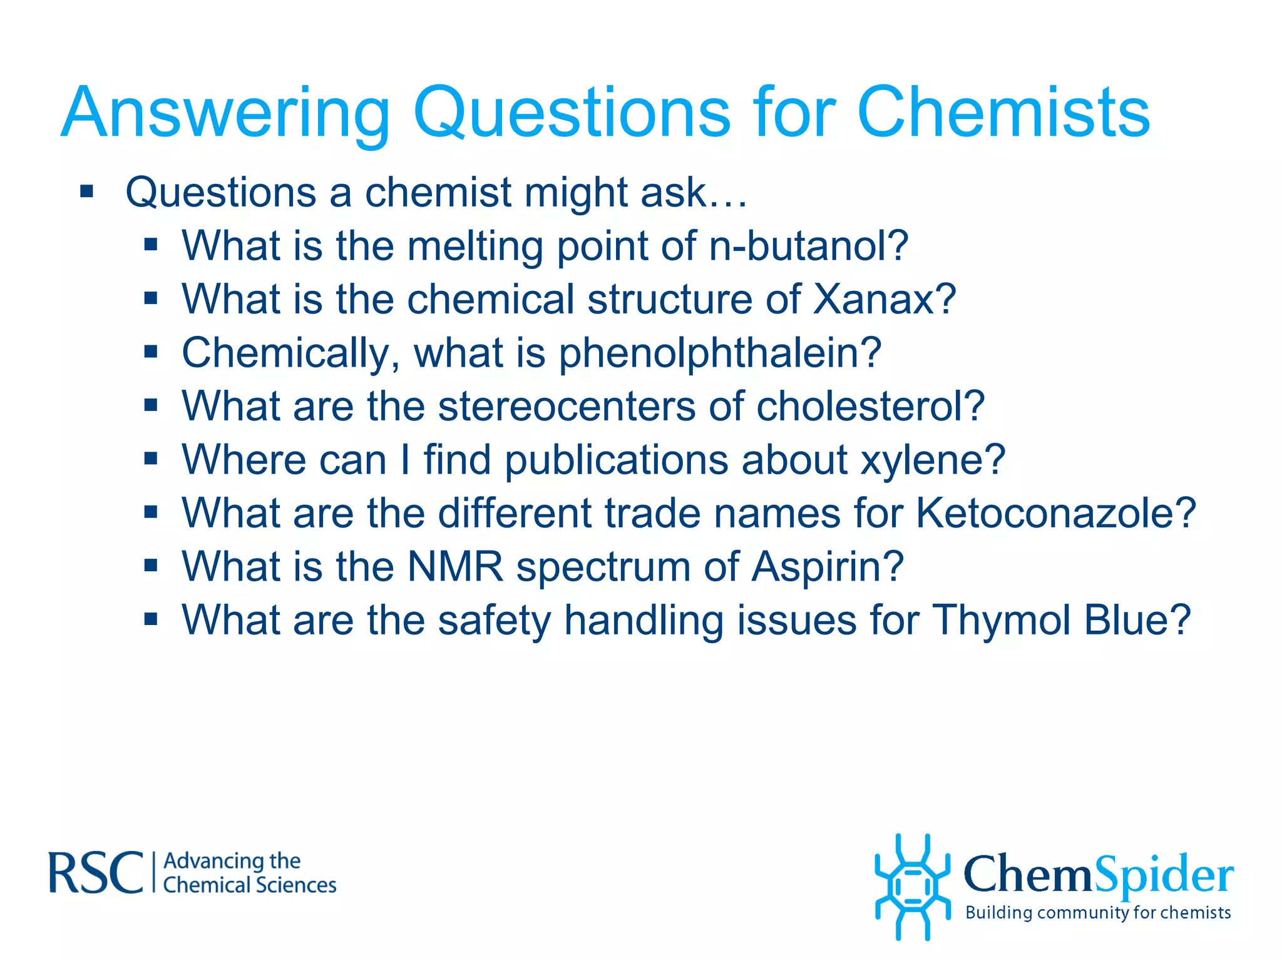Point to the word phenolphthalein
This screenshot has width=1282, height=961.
point(720,354)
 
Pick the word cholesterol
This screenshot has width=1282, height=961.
point(870,407)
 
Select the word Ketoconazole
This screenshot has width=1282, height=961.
point(1055,513)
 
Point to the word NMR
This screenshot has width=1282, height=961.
point(455,567)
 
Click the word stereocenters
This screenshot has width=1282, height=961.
point(567,407)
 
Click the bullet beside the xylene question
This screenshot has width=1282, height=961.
point(150,459)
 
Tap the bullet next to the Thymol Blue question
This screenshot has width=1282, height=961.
point(150,619)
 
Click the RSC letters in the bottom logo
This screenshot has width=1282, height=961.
point(95,872)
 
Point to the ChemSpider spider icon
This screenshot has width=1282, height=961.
point(912,887)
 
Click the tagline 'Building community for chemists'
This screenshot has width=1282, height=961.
point(1098,913)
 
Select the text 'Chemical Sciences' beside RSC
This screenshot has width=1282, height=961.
point(249,885)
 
